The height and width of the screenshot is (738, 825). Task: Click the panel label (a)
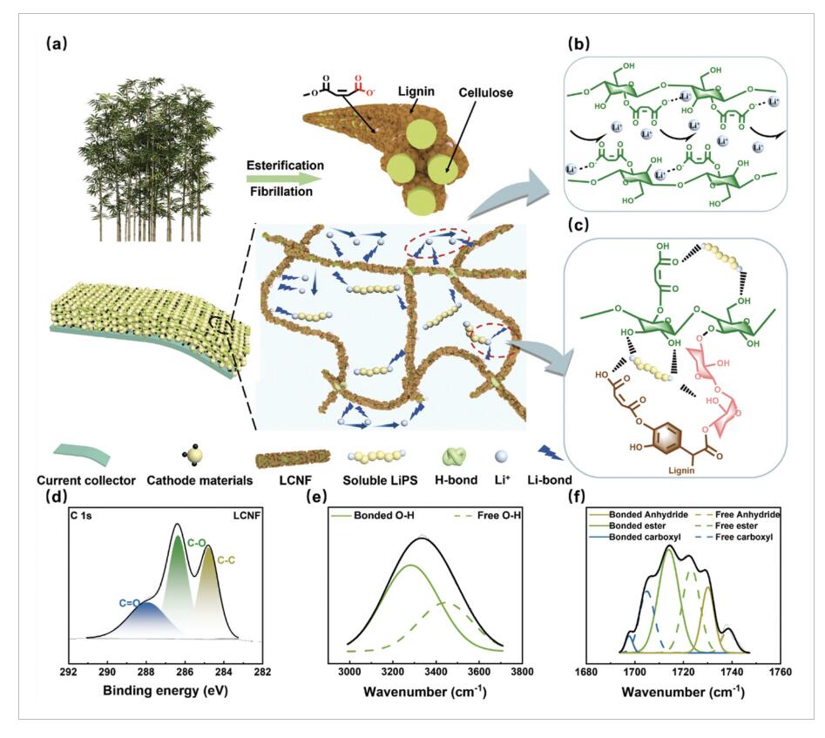pos(57,44)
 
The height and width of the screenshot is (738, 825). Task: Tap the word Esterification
pos(285,166)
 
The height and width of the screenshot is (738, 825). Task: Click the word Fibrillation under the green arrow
pos(281,191)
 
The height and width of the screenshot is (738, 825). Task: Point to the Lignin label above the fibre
pos(416,91)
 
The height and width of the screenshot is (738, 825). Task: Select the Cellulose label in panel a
pos(485,92)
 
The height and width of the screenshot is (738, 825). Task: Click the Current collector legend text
pos(86,481)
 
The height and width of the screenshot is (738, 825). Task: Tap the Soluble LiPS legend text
pos(380,481)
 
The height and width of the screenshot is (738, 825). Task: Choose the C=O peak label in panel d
pos(130,603)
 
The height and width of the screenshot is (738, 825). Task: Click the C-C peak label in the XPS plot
pos(227,561)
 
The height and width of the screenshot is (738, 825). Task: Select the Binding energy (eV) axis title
pos(166,690)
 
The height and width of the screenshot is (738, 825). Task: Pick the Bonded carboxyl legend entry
pos(638,538)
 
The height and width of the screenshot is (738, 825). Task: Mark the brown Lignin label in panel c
pos(681,471)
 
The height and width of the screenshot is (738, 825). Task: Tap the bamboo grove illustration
pos(149,159)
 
